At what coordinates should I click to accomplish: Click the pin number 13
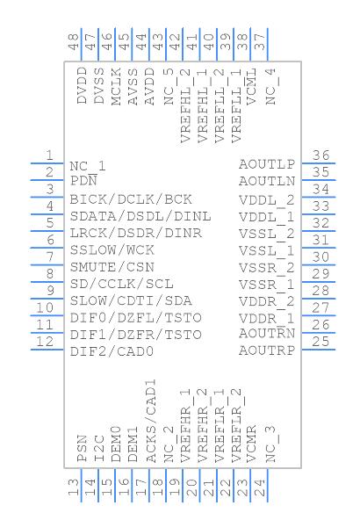pos(72,485)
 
